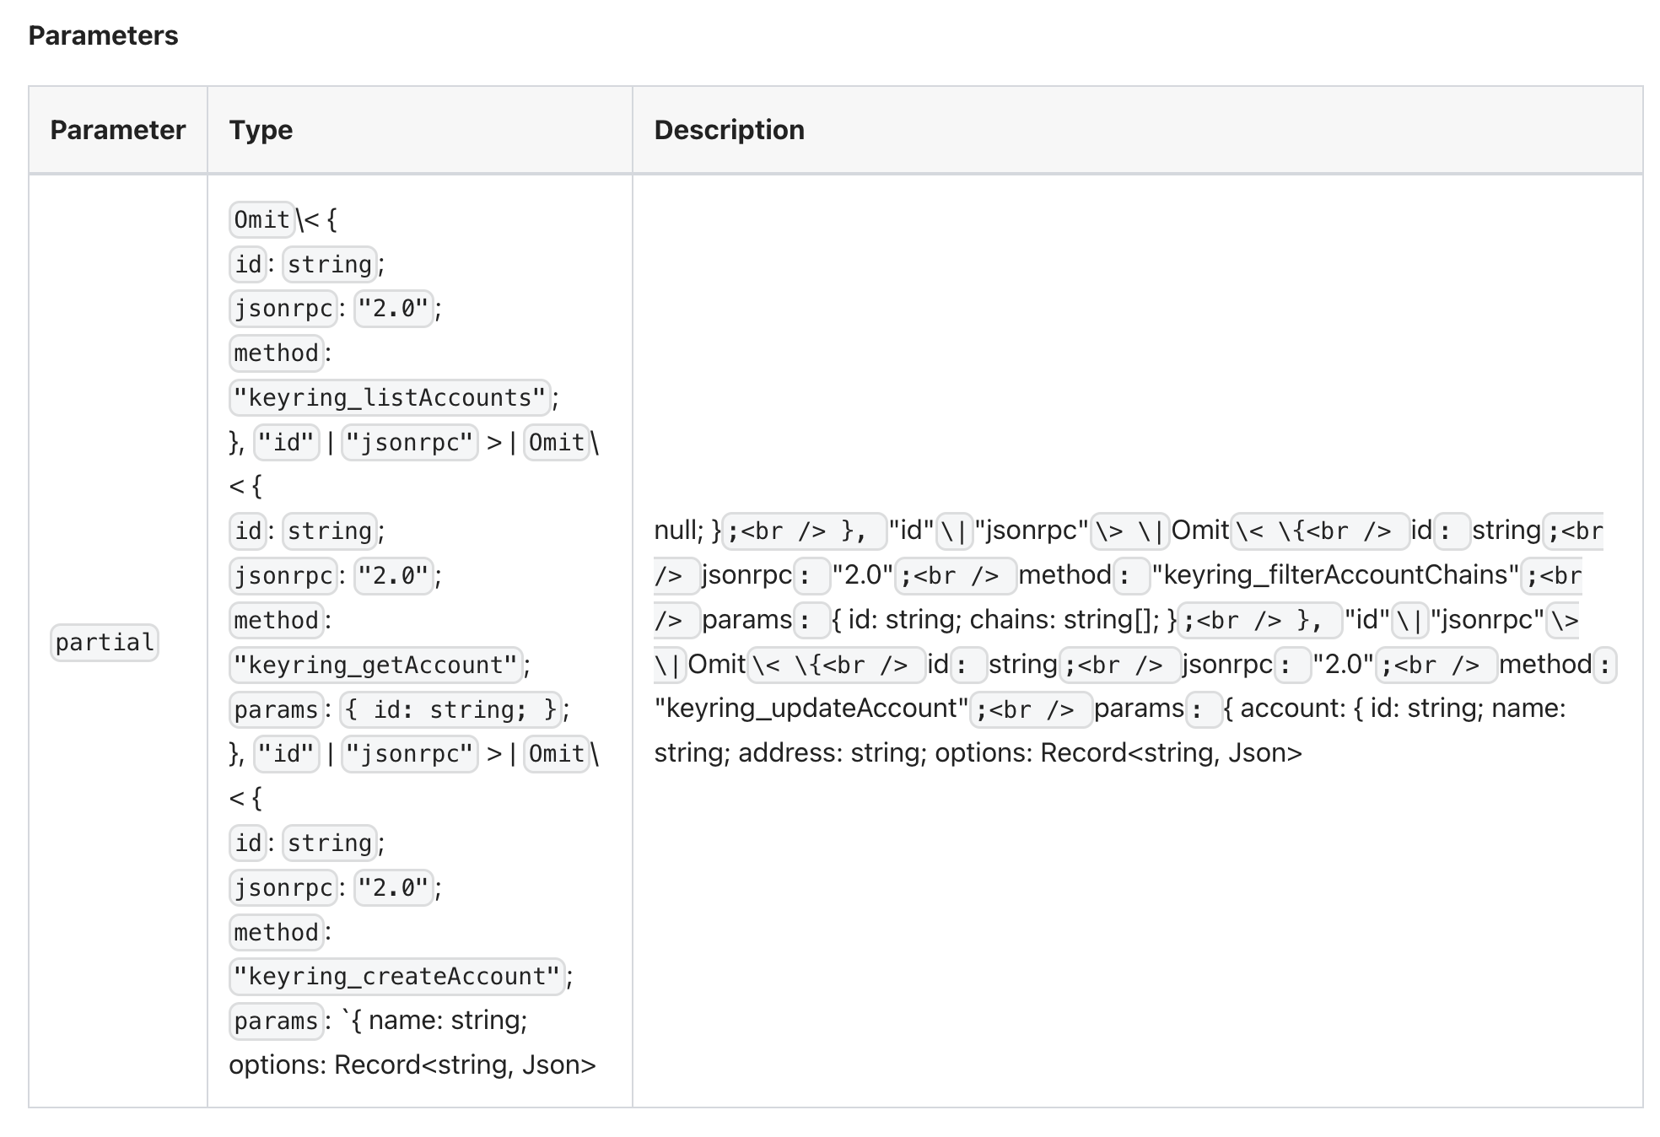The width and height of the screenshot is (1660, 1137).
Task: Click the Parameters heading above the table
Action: pyautogui.click(x=103, y=35)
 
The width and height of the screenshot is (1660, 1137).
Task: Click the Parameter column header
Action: pyautogui.click(x=118, y=130)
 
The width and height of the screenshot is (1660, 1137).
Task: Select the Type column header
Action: pyautogui.click(x=261, y=130)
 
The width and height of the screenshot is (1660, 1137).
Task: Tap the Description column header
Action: pyautogui.click(x=730, y=130)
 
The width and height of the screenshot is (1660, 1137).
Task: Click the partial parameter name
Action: pyautogui.click(x=105, y=643)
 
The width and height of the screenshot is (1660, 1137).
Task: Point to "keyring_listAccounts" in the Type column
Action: pyautogui.click(x=390, y=397)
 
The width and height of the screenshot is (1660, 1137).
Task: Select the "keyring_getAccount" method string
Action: pyautogui.click(x=375, y=665)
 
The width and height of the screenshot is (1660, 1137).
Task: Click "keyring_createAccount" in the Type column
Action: pyautogui.click(x=396, y=976)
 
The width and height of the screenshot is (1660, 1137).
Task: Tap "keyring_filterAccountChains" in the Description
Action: pyautogui.click(x=1335, y=574)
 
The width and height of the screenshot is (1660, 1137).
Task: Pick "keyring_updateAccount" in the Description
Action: pyautogui.click(x=811, y=708)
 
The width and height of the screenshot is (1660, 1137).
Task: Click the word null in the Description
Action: pyautogui.click(x=677, y=530)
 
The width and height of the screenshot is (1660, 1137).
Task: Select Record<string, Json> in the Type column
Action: pyautogui.click(x=465, y=1064)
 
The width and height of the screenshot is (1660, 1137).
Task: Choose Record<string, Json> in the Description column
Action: pyautogui.click(x=1171, y=752)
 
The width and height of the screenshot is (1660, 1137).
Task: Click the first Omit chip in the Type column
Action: pyautogui.click(x=261, y=219)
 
